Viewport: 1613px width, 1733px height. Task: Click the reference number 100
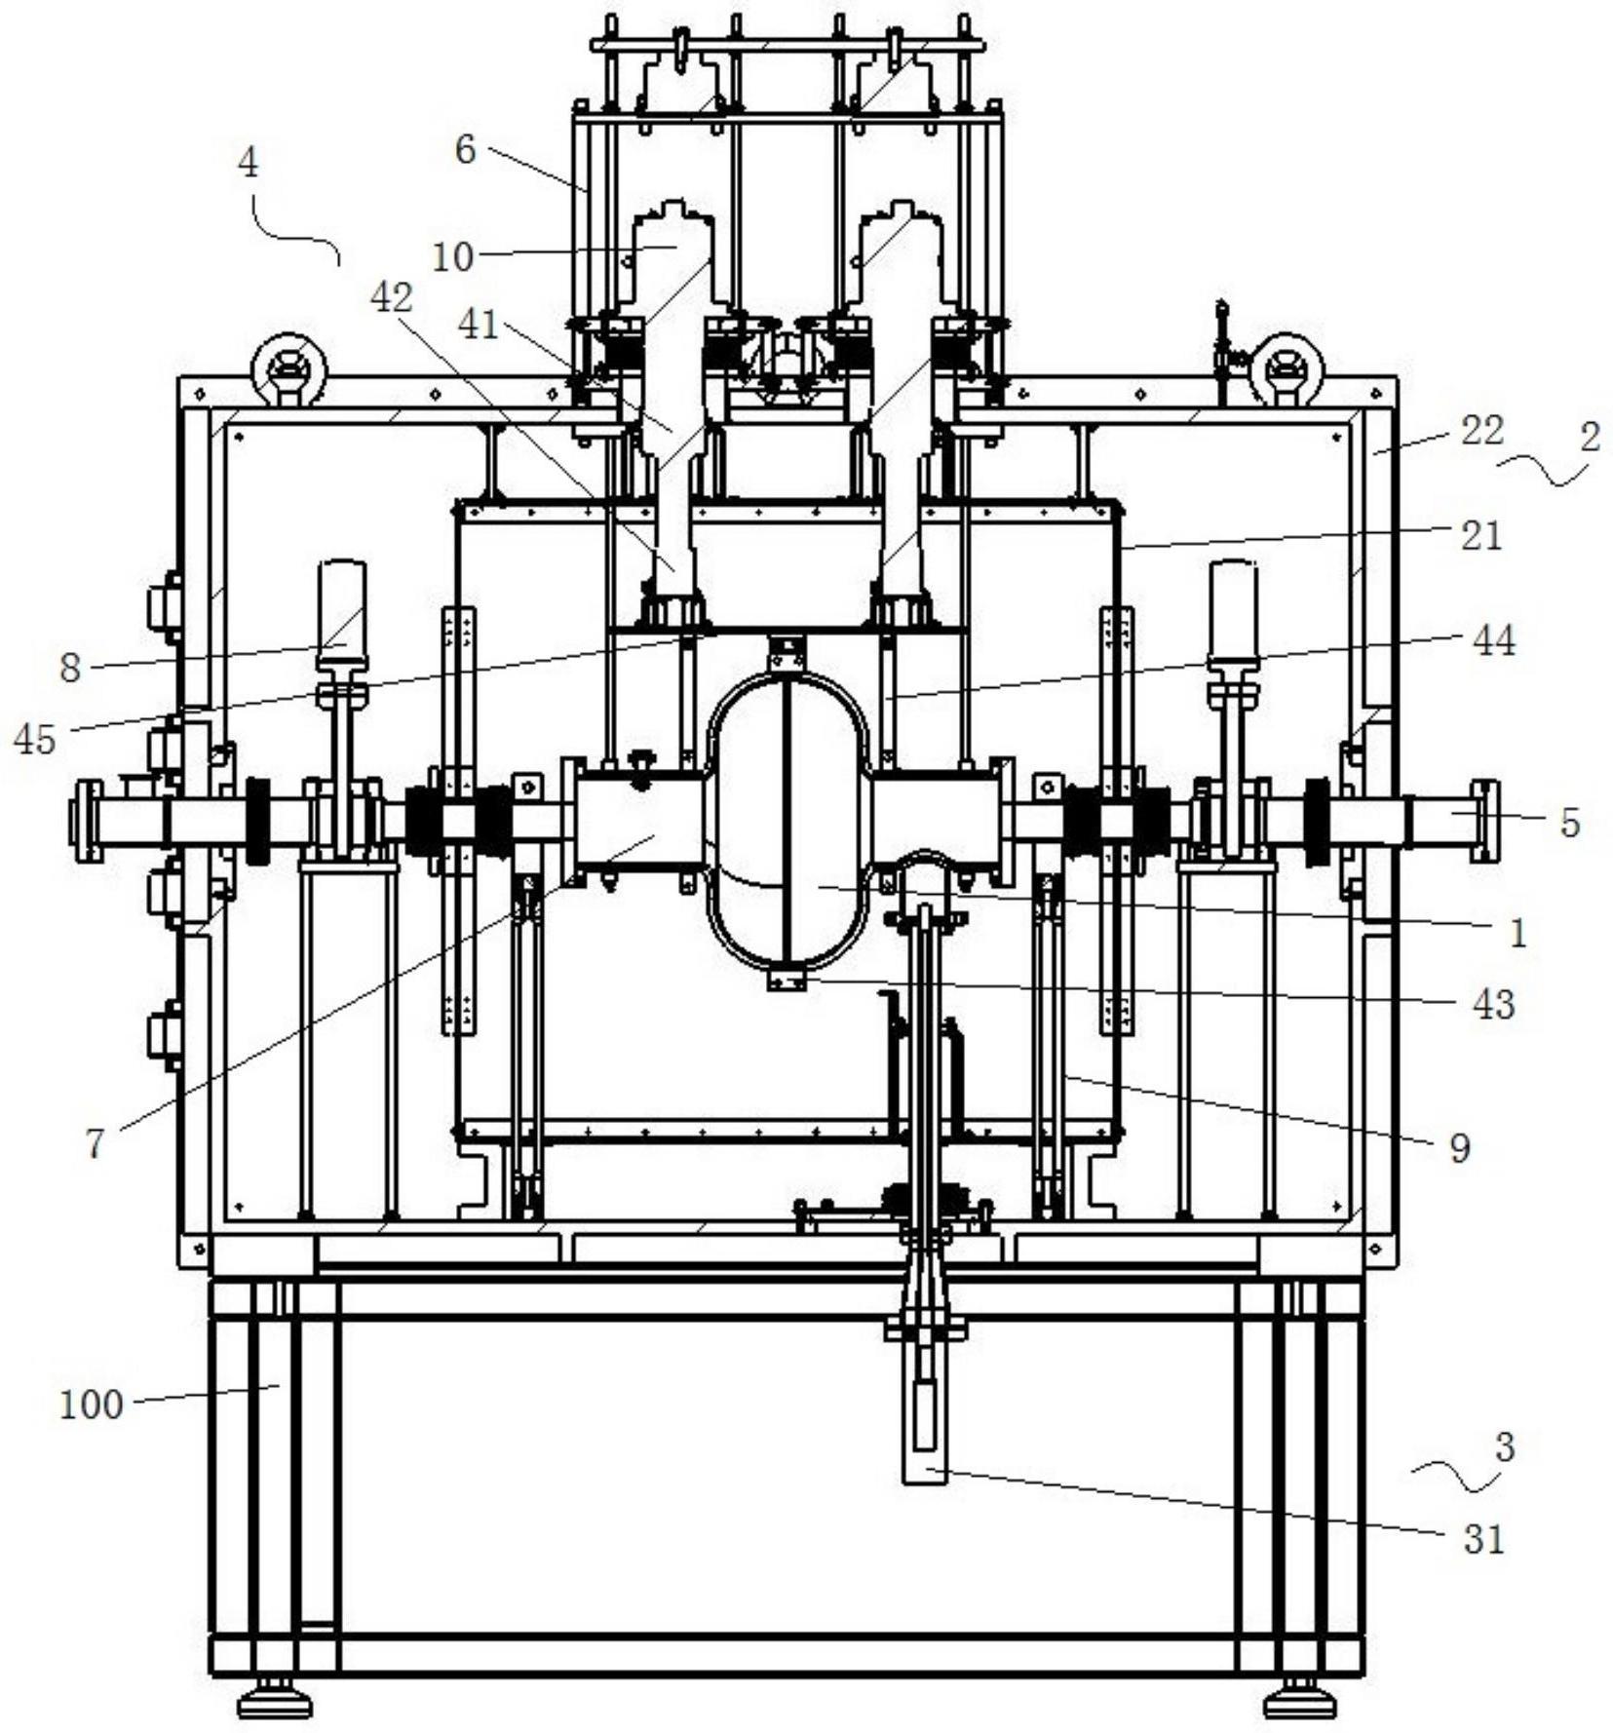coord(92,1406)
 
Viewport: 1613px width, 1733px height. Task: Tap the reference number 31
coord(1484,1539)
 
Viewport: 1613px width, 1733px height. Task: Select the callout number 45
coord(35,740)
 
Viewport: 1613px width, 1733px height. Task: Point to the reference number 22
coord(1481,430)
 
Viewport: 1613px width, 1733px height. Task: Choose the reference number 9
coord(1459,1148)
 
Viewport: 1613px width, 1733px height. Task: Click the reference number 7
coord(95,1143)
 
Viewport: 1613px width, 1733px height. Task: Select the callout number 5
coord(1568,823)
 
